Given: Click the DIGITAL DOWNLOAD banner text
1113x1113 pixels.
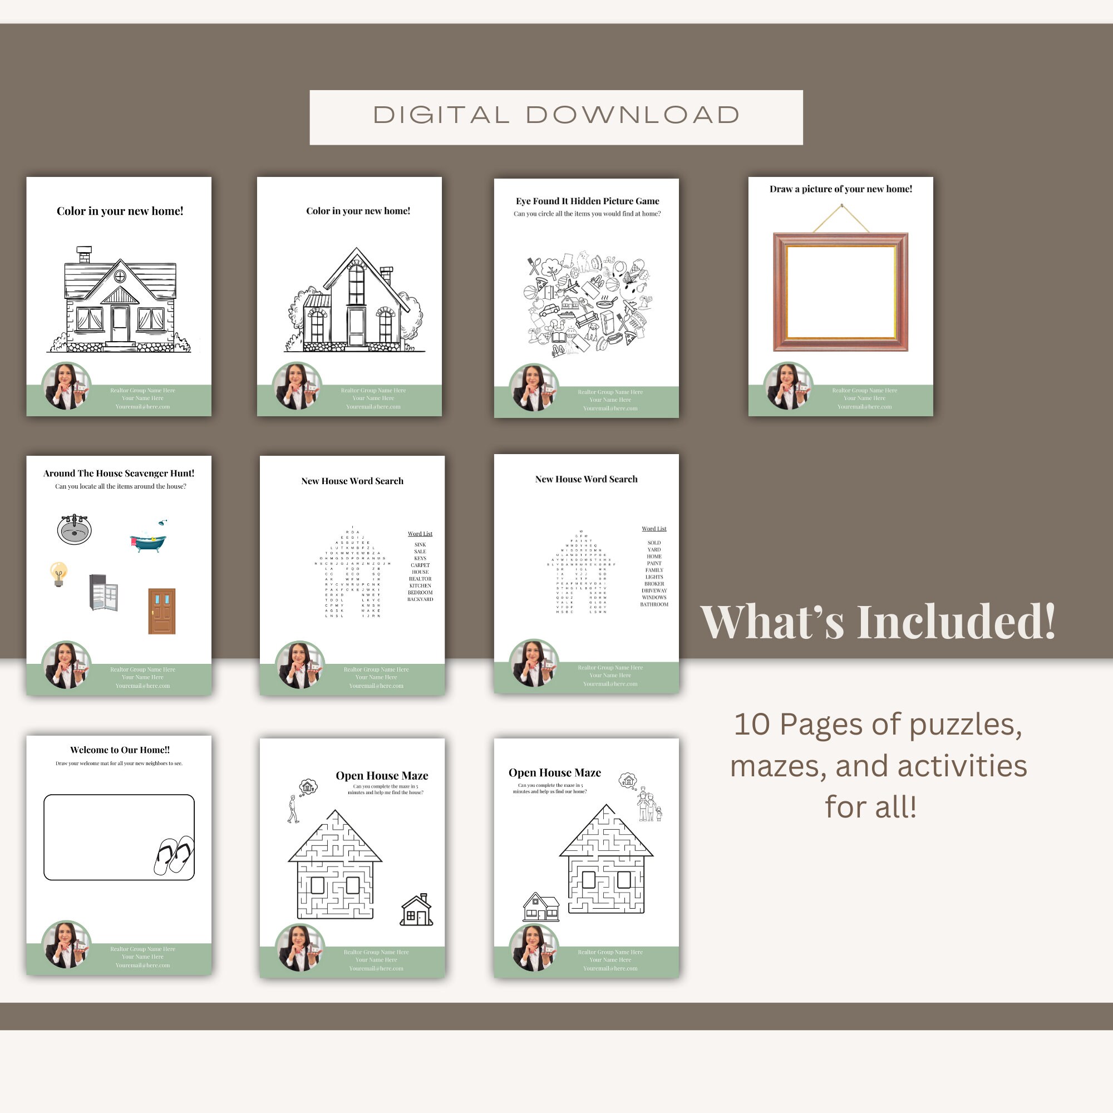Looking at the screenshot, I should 556,115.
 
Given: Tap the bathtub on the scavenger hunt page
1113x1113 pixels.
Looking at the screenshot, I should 149,540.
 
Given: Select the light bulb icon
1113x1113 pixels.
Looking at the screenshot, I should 58,574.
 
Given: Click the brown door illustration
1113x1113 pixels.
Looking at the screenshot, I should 161,610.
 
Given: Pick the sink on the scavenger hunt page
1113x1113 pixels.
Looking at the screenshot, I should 75,529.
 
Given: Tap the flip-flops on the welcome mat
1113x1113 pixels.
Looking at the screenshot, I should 174,854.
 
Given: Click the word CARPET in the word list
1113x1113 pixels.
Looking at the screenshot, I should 420,565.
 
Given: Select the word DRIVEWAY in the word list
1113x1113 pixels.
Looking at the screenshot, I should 654,590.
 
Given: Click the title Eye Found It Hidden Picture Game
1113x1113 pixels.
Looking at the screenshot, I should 587,201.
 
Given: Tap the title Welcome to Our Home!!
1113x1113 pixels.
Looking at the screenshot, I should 120,750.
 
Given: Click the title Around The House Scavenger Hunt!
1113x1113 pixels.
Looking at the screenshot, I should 119,473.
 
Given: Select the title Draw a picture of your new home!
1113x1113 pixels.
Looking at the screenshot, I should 840,189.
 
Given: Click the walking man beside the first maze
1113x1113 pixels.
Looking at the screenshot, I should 293,809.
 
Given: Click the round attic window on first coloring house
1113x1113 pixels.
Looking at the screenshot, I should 120,277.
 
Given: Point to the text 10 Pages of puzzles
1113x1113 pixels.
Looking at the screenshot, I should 878,724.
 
